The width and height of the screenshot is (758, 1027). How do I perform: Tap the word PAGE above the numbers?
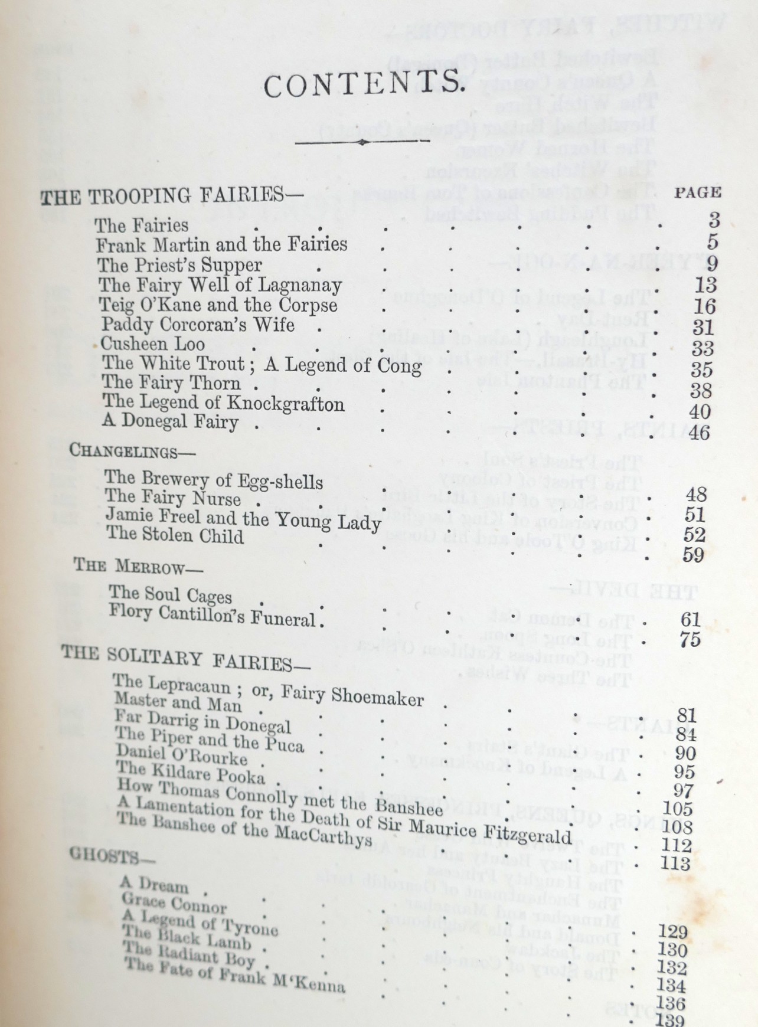[697, 192]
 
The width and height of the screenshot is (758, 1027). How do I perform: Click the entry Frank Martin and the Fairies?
[222, 245]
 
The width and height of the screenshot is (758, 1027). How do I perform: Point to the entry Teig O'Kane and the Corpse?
[218, 305]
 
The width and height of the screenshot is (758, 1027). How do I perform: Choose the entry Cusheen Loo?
[153, 344]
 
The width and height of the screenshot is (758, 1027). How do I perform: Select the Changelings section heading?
[123, 451]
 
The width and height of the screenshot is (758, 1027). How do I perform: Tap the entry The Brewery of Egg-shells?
[214, 479]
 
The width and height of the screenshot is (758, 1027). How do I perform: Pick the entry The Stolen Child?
[175, 535]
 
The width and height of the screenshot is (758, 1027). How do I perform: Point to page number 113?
[675, 864]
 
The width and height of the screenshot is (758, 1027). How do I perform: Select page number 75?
[690, 639]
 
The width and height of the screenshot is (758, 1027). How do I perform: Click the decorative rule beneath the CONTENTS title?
[361, 142]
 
